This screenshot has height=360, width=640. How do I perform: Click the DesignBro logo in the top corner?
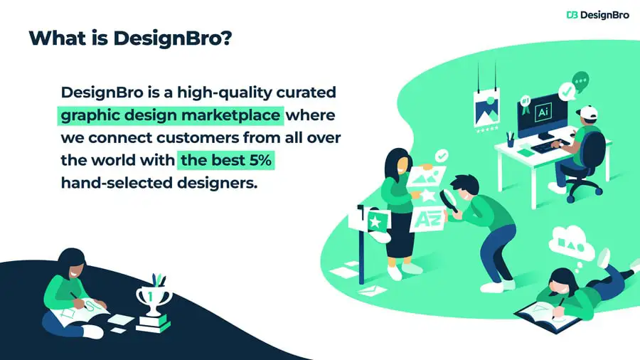597,15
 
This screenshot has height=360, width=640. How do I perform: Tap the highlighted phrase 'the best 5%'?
225,160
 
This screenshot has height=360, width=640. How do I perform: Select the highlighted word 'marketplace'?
230,115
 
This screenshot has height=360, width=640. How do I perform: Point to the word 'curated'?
306,92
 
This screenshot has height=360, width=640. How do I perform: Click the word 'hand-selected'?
117,182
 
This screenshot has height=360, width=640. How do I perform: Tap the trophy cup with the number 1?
153,299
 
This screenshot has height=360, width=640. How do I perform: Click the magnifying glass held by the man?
448,200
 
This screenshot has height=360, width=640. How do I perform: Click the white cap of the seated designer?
587,112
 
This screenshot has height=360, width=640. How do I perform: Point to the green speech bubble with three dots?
580,81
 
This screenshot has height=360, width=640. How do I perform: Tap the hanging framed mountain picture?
486,109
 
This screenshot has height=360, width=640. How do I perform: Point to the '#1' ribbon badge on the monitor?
526,104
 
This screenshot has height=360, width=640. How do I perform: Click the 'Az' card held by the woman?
426,219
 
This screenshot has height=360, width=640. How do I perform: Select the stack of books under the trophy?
153,323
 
